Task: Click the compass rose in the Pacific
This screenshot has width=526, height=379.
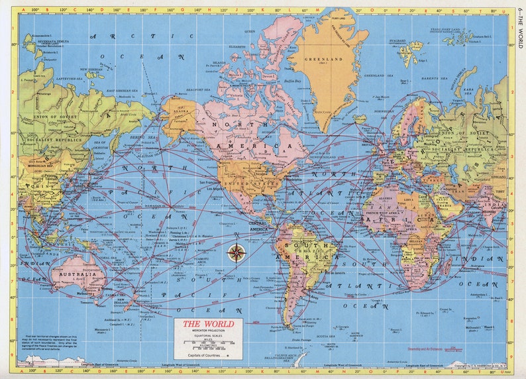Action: [237, 252]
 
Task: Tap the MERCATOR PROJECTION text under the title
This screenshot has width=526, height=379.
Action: [208, 331]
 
